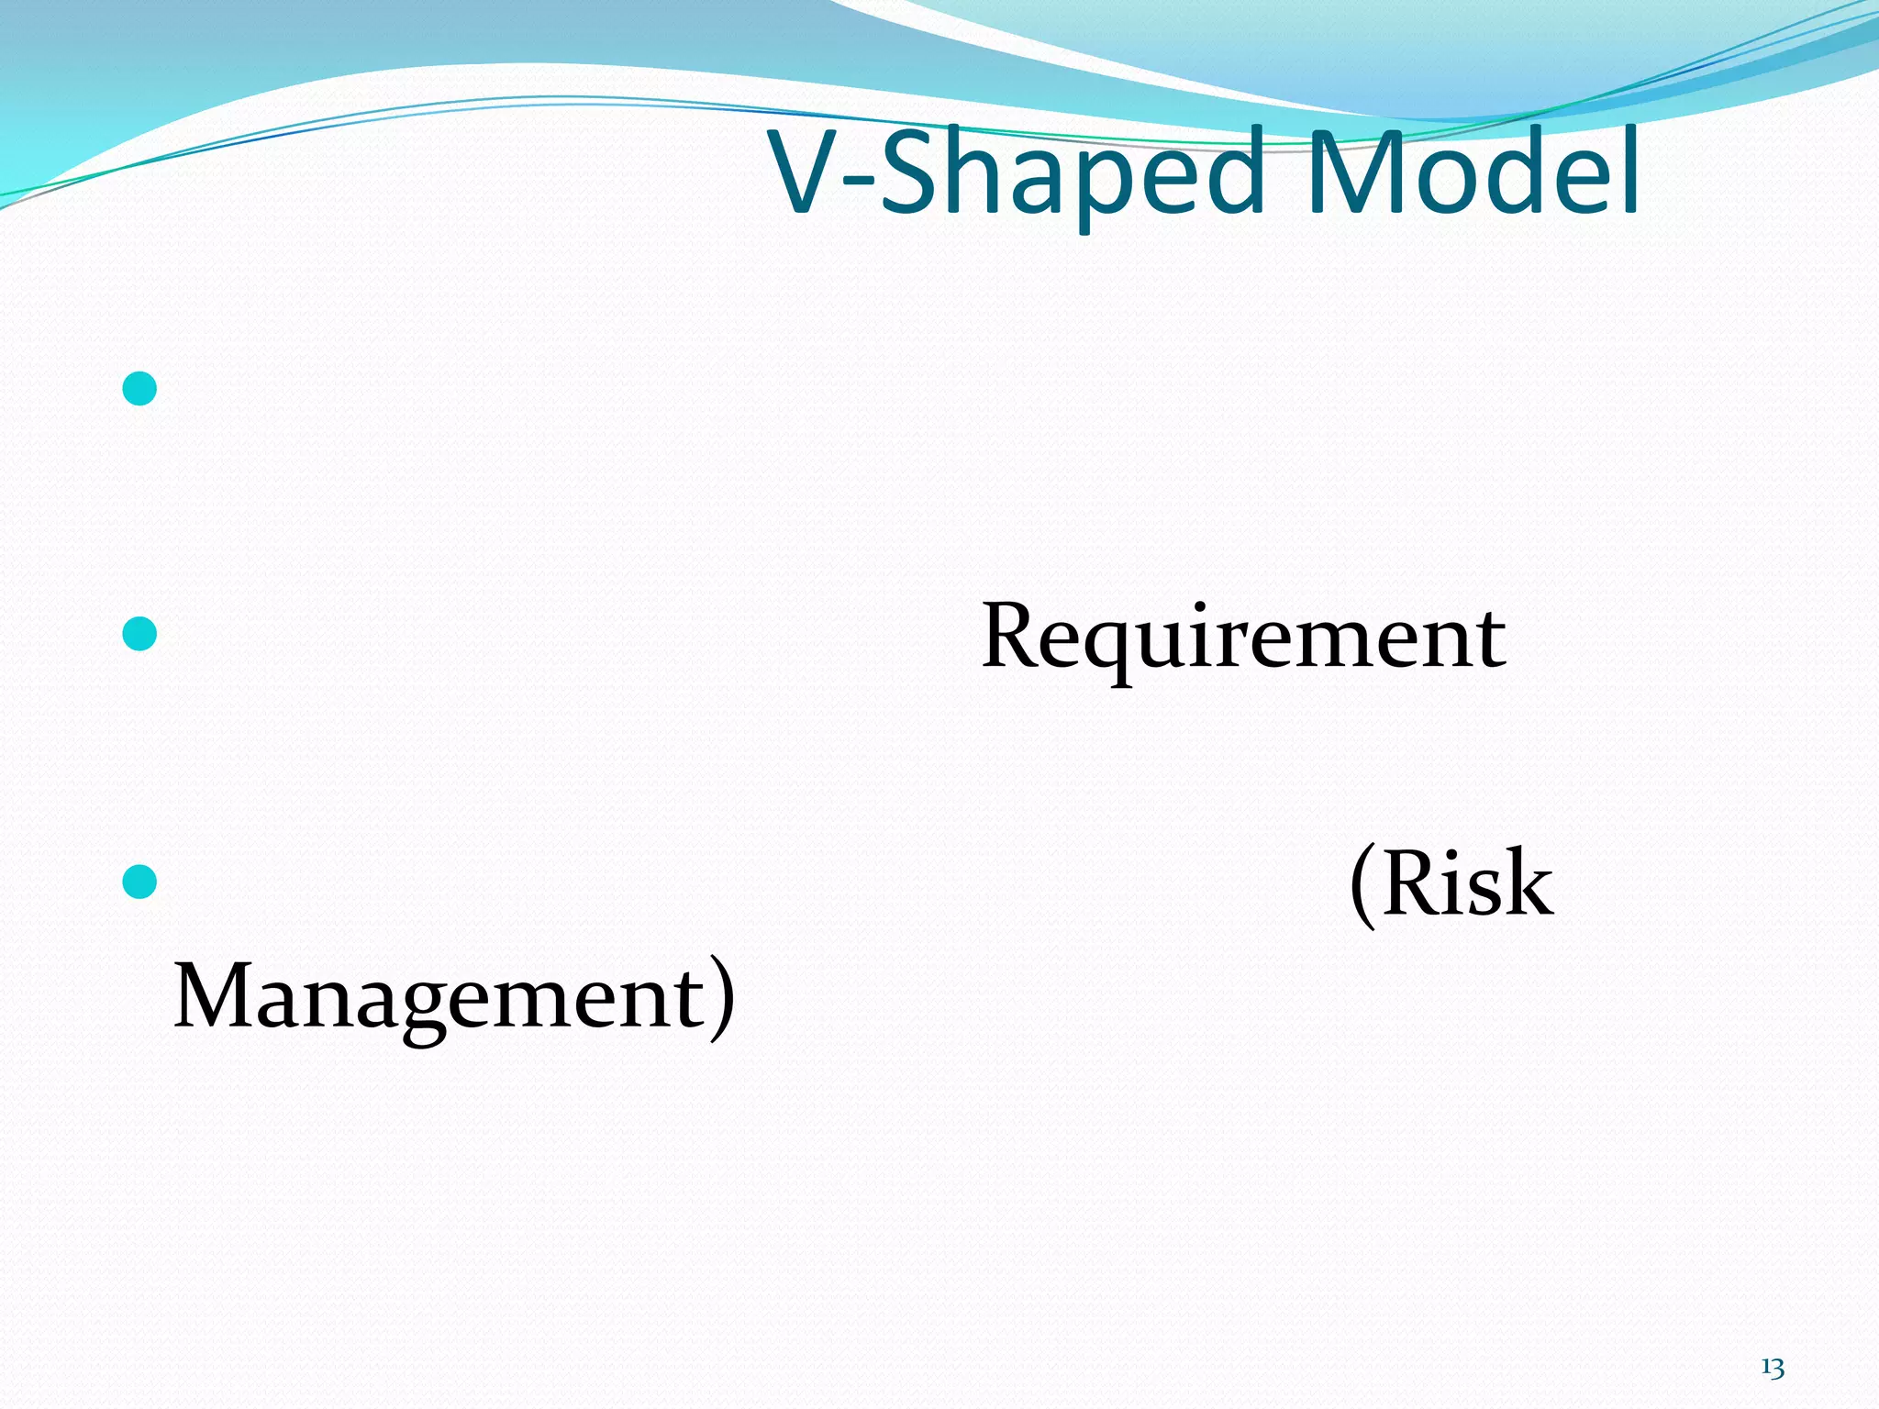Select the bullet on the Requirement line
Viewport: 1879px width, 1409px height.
click(139, 634)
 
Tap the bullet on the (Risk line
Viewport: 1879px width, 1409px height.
click(139, 882)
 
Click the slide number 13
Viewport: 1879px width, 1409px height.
click(1772, 1369)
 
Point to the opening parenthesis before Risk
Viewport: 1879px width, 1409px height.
click(1363, 886)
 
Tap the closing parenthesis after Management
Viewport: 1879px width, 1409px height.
click(723, 1000)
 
